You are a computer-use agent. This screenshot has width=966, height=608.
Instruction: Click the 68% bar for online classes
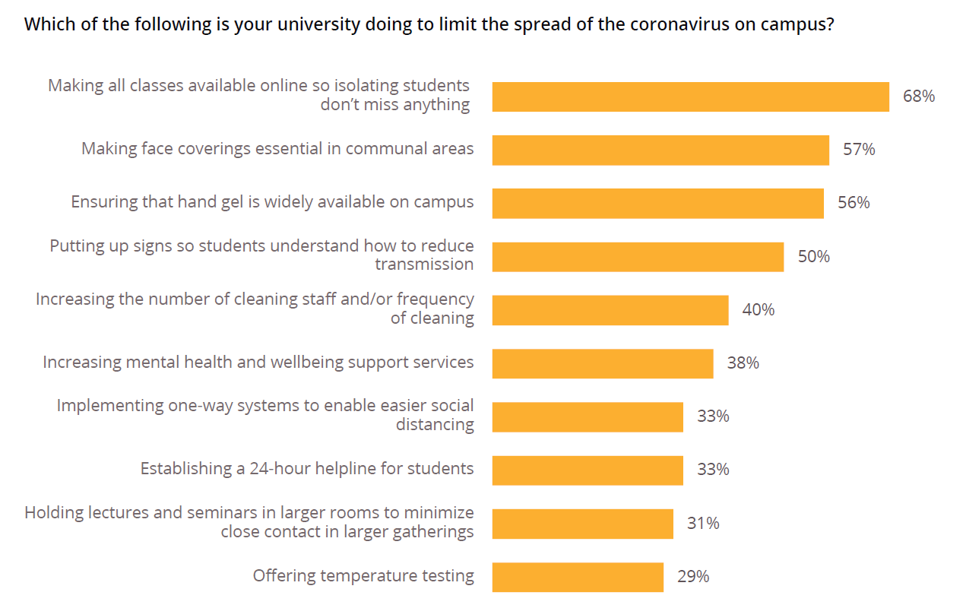click(690, 97)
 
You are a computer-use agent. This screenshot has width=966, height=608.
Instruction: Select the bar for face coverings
click(660, 150)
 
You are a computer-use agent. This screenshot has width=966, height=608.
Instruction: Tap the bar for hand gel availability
click(657, 204)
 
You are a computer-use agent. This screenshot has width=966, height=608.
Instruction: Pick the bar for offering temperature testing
click(578, 577)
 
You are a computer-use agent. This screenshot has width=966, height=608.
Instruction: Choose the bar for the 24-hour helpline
click(588, 470)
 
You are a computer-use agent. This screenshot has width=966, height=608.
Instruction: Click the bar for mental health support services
click(603, 363)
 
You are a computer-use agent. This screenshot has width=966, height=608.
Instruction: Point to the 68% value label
click(918, 97)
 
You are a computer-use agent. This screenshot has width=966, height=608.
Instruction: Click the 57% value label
click(859, 150)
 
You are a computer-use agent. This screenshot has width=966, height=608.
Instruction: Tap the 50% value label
click(813, 257)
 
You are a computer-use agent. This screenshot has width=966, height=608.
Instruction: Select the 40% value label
click(758, 310)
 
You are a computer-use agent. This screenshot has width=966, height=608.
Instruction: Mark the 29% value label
click(692, 577)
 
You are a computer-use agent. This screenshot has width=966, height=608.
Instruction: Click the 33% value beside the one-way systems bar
click(713, 416)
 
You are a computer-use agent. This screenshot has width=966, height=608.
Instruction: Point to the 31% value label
click(703, 524)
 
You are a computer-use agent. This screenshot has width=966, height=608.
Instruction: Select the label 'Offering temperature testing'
click(363, 576)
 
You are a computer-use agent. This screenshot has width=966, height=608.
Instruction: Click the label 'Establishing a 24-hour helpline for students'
click(307, 469)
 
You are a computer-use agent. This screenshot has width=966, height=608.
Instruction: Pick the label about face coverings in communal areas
click(277, 149)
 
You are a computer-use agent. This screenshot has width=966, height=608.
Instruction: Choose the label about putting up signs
click(262, 255)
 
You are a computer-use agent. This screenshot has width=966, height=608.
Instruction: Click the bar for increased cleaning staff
click(610, 310)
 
